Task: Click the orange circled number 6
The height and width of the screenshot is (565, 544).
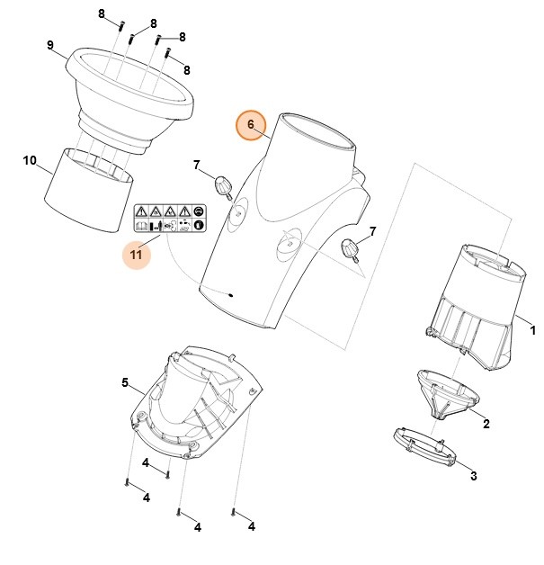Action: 251,124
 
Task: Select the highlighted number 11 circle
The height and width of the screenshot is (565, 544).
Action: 137,256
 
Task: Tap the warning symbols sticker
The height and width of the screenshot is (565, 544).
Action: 168,220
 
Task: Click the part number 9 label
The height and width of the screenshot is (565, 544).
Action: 51,46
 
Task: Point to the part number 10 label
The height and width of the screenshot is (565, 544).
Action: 30,161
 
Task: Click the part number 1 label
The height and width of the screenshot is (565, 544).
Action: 531,331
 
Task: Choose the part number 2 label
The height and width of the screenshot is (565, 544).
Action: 486,423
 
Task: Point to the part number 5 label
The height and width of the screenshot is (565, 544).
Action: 125,382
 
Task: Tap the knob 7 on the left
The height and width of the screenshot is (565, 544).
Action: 223,186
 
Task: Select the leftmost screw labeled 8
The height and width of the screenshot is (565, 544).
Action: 119,24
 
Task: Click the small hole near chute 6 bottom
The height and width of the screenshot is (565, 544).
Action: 233,293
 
